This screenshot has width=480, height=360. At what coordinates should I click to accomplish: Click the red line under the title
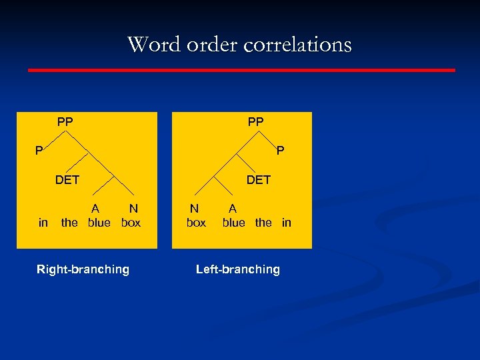[241, 69]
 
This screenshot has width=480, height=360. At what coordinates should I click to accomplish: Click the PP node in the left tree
[65, 122]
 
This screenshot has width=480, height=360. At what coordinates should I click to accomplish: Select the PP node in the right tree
[255, 122]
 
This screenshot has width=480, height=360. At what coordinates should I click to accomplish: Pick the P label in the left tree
[39, 151]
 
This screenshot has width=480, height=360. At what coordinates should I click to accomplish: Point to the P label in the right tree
[280, 151]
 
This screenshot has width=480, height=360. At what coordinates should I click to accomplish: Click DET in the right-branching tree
[67, 179]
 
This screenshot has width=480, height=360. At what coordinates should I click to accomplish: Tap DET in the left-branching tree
[258, 179]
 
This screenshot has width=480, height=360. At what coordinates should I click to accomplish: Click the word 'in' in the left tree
[43, 223]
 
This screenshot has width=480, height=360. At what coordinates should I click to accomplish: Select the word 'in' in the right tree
[287, 223]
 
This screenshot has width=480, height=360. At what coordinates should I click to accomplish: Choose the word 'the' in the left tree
[69, 223]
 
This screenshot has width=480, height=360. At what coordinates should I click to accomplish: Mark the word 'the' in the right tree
[263, 223]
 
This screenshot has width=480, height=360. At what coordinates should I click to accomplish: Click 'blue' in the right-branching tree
[99, 223]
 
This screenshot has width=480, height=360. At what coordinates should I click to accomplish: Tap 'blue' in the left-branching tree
[233, 223]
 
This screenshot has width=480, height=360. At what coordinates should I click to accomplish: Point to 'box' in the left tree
[131, 223]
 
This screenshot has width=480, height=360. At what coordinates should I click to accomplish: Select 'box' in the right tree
[196, 223]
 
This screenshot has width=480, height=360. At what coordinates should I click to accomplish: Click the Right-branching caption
[83, 269]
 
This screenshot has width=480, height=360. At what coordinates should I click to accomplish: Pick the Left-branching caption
[237, 269]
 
